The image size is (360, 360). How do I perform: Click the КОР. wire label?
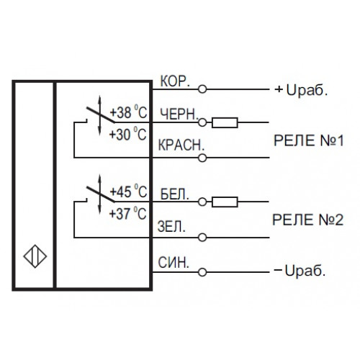coord(175,81)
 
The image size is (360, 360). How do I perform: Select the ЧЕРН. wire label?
coord(179,114)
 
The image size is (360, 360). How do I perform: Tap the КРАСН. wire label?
coord(181,145)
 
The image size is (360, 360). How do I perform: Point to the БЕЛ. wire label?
coord(175,194)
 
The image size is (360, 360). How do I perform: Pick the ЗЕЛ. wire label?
coord(171,226)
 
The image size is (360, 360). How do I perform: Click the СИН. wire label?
coord(174,263)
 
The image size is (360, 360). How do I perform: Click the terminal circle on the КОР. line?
coord(202,89)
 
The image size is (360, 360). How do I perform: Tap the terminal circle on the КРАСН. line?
coord(202,158)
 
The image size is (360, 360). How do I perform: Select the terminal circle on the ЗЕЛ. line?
coord(202,238)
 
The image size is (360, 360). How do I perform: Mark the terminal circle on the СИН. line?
coord(202,272)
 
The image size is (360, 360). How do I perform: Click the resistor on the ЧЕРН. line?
coord(225,122)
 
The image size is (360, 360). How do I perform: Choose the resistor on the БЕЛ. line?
coord(225,202)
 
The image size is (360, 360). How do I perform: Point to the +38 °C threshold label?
coord(128,112)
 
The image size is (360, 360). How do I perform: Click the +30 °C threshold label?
coord(127,134)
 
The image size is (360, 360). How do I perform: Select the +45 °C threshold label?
coord(128,192)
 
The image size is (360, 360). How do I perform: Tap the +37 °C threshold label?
coord(127,213)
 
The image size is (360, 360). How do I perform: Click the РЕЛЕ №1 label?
coord(309,140)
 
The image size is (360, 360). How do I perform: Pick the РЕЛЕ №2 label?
coord(308,220)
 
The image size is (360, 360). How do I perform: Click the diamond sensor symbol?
coord(35,256)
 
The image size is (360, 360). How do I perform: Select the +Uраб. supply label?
coord(302,90)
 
